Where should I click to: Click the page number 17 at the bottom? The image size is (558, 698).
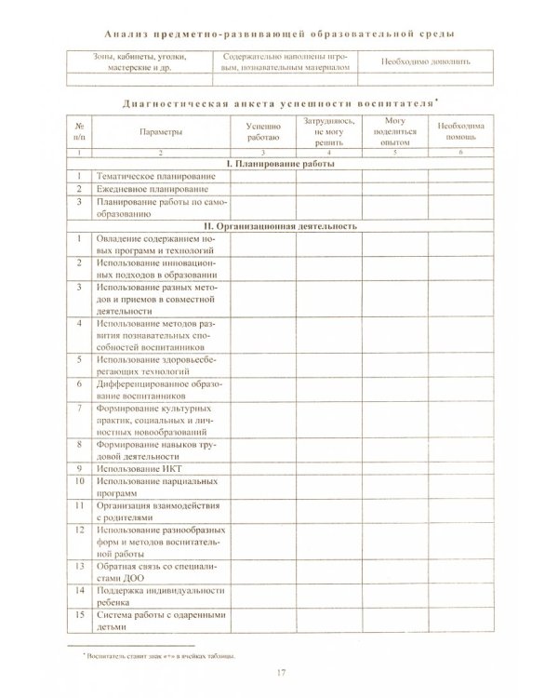(281, 673)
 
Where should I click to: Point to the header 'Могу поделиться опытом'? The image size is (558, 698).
(394, 132)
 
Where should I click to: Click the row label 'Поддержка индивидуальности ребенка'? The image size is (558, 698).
(153, 596)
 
